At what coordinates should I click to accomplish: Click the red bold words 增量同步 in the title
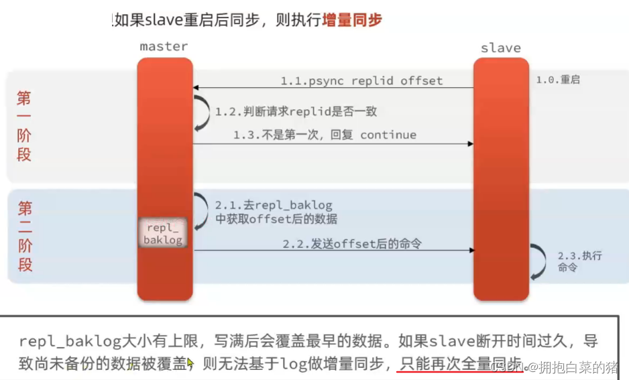352,19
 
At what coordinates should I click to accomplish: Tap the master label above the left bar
164,47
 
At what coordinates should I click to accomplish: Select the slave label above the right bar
501,48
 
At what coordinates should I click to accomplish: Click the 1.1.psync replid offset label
361,81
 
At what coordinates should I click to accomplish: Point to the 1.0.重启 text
558,80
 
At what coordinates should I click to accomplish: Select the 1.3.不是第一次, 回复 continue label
325,135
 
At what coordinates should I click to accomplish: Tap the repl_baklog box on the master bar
163,233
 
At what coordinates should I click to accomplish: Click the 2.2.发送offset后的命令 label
351,243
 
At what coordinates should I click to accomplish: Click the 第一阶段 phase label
24,127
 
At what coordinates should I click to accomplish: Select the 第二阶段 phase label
25,236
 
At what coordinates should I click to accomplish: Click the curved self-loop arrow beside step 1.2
201,112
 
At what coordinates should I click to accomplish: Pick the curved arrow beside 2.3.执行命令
538,261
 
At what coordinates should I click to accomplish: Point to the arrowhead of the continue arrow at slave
470,143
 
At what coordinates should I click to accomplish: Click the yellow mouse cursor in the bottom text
190,363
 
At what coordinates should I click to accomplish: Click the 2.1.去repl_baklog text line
274,205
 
